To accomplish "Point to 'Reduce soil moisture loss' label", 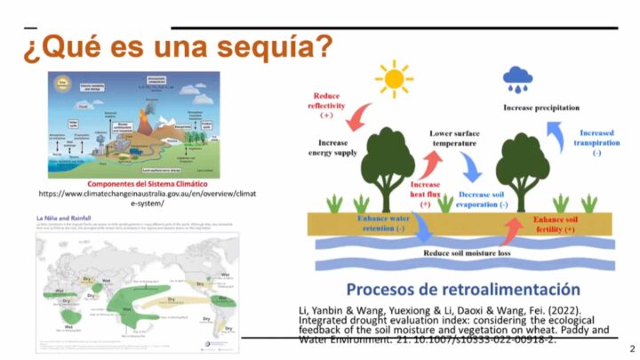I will [x=473, y=254].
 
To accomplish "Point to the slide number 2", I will [x=631, y=348].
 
